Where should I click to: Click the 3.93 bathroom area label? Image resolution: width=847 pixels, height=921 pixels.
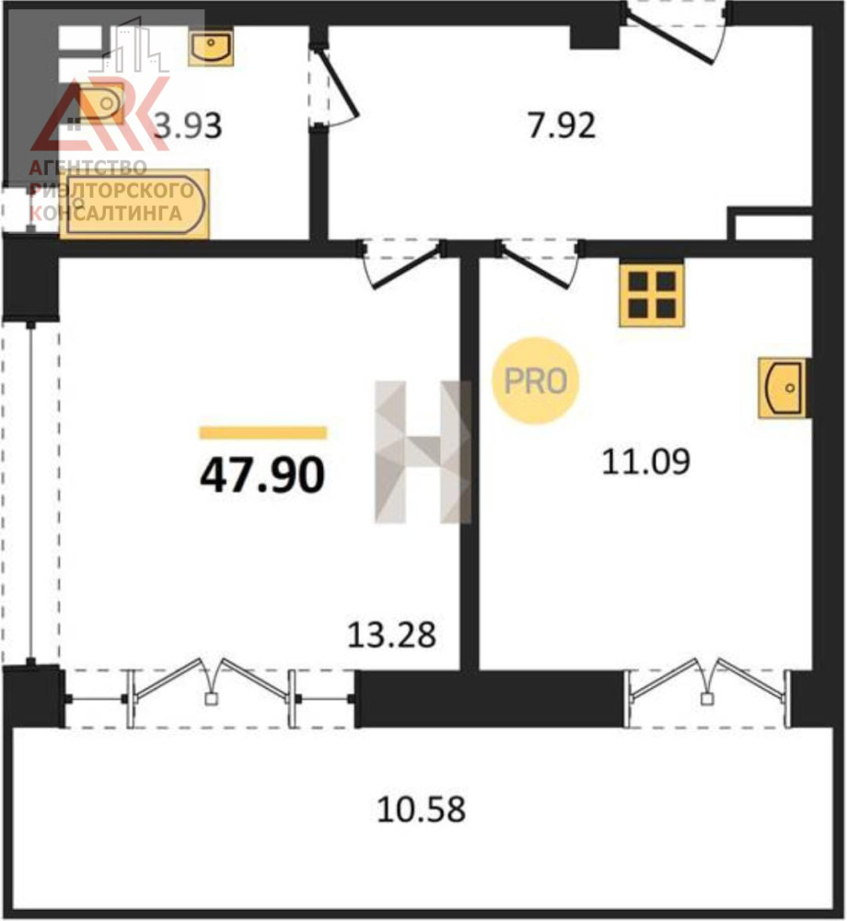tap(188, 125)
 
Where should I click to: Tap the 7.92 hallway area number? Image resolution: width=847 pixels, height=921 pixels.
tap(562, 125)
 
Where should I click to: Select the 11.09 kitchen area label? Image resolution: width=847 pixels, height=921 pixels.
tap(645, 461)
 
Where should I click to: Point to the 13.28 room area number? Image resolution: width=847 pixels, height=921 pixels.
tap(391, 635)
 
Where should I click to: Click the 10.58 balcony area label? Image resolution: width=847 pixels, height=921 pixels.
tap(421, 809)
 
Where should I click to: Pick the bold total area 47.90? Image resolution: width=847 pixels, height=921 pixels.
tap(262, 475)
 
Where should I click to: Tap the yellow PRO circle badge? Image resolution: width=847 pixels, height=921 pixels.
tap(535, 380)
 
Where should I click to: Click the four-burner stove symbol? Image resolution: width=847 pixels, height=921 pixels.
tap(652, 295)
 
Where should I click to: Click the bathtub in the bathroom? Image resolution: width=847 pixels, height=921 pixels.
tap(134, 204)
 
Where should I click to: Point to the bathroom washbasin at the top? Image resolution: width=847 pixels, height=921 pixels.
tap(211, 48)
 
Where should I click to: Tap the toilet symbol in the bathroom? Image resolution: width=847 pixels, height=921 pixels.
tap(101, 103)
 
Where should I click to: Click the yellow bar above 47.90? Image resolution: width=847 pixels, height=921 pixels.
tap(263, 433)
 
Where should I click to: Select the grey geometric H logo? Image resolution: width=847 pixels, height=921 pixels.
tap(423, 451)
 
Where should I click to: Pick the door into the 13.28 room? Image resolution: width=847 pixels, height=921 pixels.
tap(402, 263)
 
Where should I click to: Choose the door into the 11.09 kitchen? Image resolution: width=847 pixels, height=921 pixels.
tap(539, 263)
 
